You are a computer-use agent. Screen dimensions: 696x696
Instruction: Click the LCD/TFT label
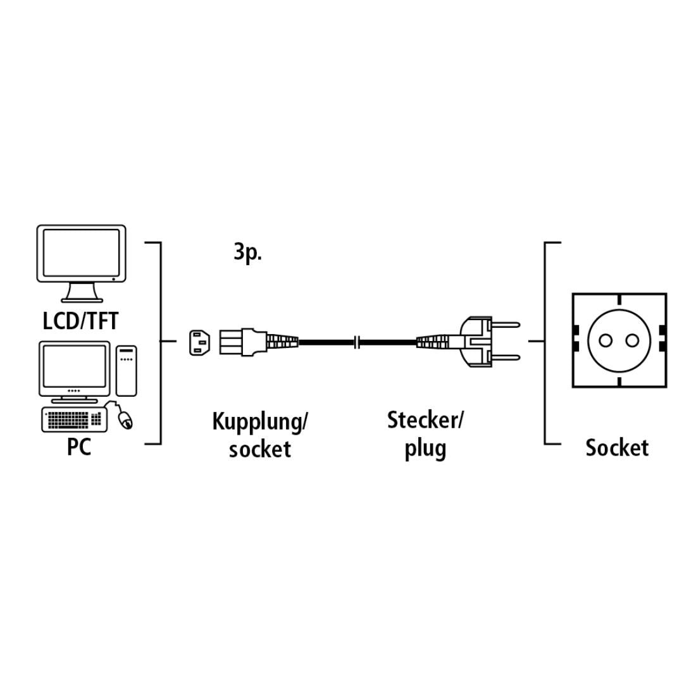[80, 321]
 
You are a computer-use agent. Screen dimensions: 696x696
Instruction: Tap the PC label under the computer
[79, 447]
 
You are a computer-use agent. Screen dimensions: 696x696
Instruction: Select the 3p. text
[247, 253]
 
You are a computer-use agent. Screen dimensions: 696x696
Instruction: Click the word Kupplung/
[259, 422]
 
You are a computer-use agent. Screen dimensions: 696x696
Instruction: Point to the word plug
[425, 449]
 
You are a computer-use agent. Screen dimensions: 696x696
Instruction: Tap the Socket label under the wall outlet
[616, 447]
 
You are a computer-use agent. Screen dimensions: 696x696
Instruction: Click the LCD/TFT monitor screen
[80, 253]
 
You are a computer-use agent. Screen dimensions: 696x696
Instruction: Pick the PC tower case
[127, 370]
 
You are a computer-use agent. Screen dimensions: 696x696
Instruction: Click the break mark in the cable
[358, 342]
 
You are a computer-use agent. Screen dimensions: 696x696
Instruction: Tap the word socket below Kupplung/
[259, 449]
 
